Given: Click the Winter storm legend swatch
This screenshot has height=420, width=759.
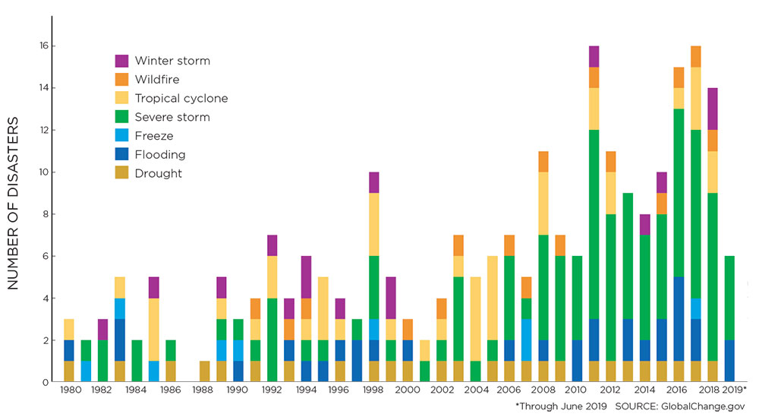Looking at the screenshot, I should coord(122,61).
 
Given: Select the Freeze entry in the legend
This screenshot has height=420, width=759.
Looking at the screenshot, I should coord(155,136).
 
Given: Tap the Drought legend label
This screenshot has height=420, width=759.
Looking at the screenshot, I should coord(159,173).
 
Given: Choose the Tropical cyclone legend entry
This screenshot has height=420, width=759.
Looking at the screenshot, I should coord(181,98).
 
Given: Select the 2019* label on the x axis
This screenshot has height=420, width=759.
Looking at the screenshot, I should coord(734,390).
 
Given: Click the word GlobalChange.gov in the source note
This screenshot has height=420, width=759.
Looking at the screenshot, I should coord(715,406).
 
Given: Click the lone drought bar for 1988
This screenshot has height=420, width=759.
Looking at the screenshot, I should coord(204,371).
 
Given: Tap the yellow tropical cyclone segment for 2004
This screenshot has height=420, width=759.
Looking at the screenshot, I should coord(475,319).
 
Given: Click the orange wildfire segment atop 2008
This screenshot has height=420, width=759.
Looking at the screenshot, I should coord(544,162).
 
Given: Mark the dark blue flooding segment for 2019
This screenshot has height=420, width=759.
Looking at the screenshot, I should coord(730,361).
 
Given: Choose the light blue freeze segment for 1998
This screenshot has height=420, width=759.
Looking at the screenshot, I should coord(373,329).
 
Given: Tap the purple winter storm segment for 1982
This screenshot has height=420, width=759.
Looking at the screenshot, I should coord(102,330).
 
